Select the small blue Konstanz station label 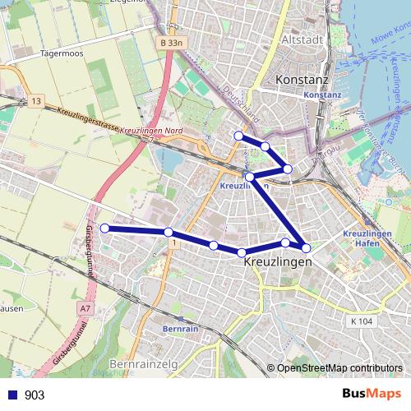tap(321, 95)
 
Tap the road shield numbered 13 tap(35, 100)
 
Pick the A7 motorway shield tap(85, 308)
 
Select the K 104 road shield tap(359, 321)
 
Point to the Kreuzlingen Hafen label tap(367, 239)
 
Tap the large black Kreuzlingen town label tap(279, 261)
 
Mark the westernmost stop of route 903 tap(104, 228)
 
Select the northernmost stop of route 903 tap(238, 136)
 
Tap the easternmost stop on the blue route tap(306, 247)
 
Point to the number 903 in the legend tap(35, 395)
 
